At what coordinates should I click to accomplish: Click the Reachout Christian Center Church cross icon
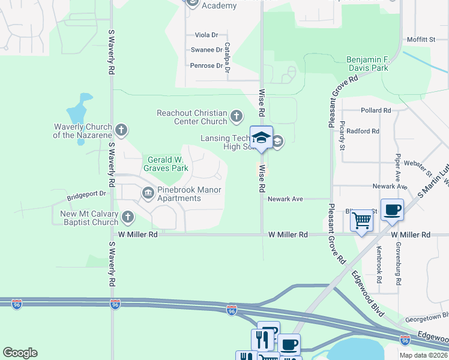pyautogui.click(x=237, y=115)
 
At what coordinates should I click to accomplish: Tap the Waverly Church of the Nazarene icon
pyautogui.click(x=121, y=130)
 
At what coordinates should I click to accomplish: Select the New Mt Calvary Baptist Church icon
pyautogui.click(x=127, y=217)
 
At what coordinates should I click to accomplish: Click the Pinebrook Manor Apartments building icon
pyautogui.click(x=148, y=192)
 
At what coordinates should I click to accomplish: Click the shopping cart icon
pyautogui.click(x=361, y=220)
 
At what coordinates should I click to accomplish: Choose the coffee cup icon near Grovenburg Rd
pyautogui.click(x=392, y=209)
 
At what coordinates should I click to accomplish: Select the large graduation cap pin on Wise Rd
pyautogui.click(x=261, y=137)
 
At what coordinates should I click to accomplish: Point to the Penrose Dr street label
pyautogui.click(x=206, y=65)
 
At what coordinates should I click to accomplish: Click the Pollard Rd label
pyautogui.click(x=376, y=110)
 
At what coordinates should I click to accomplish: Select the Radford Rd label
pyautogui.click(x=363, y=131)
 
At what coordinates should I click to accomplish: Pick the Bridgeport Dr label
pyautogui.click(x=86, y=194)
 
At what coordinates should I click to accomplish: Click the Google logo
pyautogui.click(x=20, y=353)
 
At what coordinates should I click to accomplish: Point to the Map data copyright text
pyautogui.click(x=424, y=355)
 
